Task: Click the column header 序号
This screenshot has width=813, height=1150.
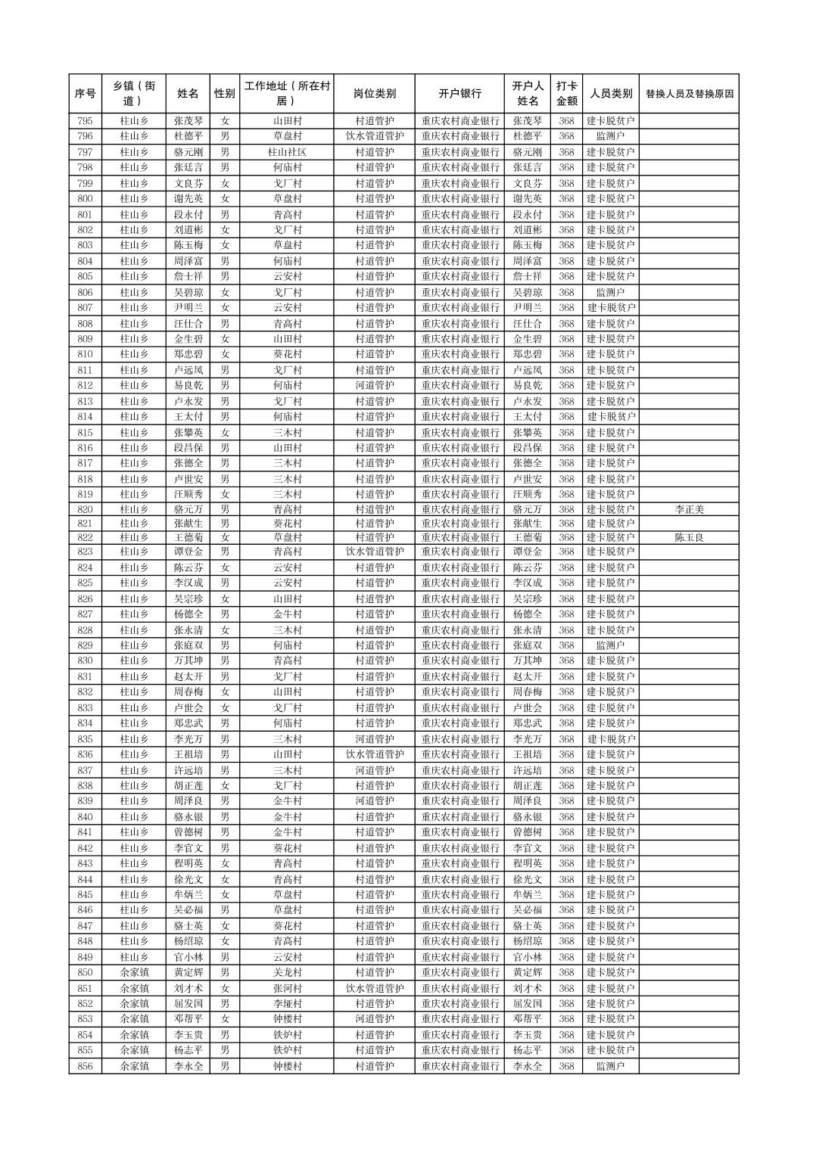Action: [x=85, y=94]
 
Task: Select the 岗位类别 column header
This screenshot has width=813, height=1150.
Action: [x=374, y=94]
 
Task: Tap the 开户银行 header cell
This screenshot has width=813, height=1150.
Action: [x=459, y=94]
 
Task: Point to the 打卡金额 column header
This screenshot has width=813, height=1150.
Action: [x=566, y=94]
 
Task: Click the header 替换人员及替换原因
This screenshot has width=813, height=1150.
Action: [x=689, y=94]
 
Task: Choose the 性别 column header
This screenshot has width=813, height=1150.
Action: [x=225, y=94]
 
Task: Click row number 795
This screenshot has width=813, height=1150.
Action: [x=85, y=121]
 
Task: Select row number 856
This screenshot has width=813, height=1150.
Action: [x=85, y=1066]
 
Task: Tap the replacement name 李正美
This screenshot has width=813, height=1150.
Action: [x=689, y=509]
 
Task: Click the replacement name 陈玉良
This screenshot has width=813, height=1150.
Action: [x=689, y=537]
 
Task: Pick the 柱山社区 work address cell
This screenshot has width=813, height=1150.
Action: [x=287, y=152]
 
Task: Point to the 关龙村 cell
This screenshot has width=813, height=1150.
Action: [x=287, y=972]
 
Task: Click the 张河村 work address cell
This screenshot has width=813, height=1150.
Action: [x=287, y=988]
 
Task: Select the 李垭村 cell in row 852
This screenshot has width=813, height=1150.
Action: [x=287, y=1004]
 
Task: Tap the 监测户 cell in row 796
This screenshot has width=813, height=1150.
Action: [x=610, y=136]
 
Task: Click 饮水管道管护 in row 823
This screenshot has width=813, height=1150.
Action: [x=374, y=552]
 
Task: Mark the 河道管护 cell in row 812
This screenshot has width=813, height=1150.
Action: [x=374, y=385]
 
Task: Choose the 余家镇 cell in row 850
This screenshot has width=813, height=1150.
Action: [x=135, y=972]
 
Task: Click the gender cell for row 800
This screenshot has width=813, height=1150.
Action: [x=225, y=199]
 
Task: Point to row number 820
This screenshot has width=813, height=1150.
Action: [x=85, y=509]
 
